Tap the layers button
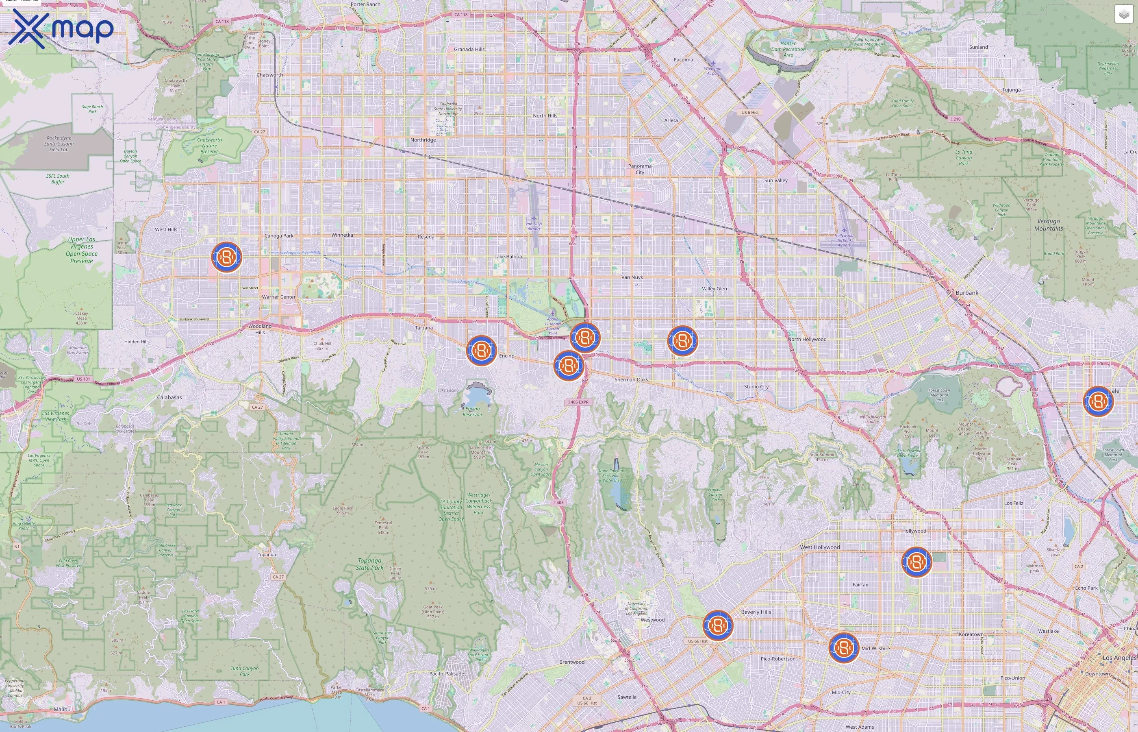point(1123,14)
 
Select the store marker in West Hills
point(226,257)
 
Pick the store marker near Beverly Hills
point(718,625)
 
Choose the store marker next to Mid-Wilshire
point(843,647)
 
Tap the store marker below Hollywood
point(916,562)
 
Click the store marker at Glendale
point(1098,401)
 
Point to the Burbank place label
point(966,293)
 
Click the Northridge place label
point(423,140)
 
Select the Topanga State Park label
point(369,564)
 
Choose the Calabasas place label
point(169,397)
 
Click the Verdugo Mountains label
point(1048,225)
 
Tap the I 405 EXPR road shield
point(578,402)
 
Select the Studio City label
point(756,386)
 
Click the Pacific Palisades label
point(447,673)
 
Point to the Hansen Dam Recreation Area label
point(788,49)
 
